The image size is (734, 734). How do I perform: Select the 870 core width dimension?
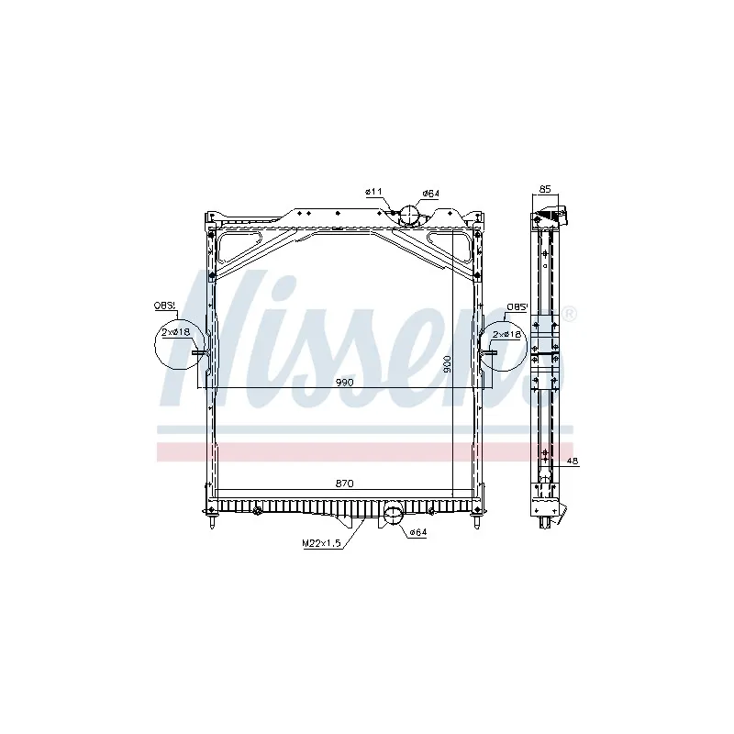(x=346, y=484)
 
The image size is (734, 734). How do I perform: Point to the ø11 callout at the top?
(x=373, y=191)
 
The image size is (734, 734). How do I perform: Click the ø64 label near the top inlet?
(x=430, y=194)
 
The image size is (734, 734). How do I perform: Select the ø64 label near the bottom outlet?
(x=417, y=533)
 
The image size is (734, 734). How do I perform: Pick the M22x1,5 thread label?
(x=321, y=543)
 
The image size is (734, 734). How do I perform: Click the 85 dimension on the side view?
(x=545, y=189)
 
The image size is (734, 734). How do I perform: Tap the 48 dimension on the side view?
(x=572, y=462)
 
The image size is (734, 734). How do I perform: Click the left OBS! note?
(x=165, y=307)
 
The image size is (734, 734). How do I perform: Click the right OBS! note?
(x=518, y=307)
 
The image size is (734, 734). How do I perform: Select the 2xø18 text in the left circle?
(x=174, y=332)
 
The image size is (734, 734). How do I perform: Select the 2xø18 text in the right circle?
(x=506, y=335)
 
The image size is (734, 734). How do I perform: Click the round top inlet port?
(x=407, y=217)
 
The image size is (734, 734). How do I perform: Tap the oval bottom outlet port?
(x=393, y=514)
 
